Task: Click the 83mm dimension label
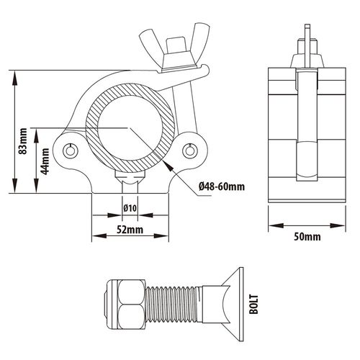click(x=23, y=141)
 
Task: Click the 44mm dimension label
click(x=45, y=161)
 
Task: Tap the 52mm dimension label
click(x=130, y=230)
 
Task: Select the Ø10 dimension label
click(x=130, y=208)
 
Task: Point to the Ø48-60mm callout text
click(x=222, y=186)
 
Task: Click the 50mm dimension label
click(x=307, y=237)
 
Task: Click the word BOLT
click(x=253, y=305)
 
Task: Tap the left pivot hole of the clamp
click(x=71, y=150)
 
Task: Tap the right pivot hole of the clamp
click(x=190, y=150)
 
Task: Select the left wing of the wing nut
click(x=150, y=41)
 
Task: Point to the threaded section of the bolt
click(x=174, y=305)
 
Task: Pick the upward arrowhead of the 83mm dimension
click(x=15, y=78)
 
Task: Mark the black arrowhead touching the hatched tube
click(x=168, y=166)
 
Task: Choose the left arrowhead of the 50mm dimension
click(x=276, y=225)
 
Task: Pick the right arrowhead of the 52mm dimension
click(x=161, y=236)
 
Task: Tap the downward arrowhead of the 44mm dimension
click(x=36, y=186)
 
